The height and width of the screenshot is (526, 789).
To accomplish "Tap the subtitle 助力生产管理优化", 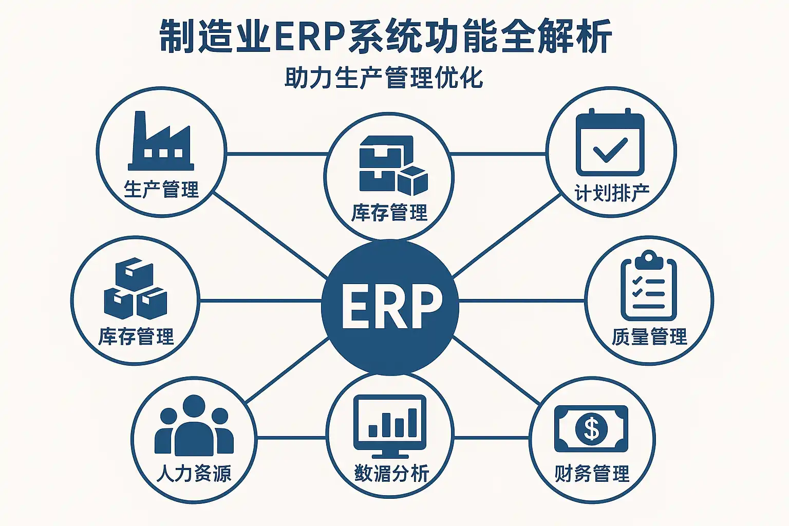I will point(384,78).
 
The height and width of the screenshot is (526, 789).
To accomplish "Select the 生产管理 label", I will point(161,190).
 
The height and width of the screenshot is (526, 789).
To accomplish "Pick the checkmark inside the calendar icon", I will point(610,149).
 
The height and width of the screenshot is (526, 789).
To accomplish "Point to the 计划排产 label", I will point(612,194).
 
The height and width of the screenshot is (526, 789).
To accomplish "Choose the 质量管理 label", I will point(649,337).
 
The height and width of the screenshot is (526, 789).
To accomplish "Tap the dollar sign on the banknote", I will point(592,428).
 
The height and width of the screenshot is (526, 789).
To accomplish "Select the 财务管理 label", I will point(592,474).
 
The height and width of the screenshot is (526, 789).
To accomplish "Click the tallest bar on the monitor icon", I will point(411,422).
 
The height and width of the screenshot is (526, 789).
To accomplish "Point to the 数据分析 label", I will point(391,473).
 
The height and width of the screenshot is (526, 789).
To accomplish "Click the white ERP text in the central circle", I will point(391,307).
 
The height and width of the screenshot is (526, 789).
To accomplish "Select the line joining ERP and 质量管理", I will point(521,300).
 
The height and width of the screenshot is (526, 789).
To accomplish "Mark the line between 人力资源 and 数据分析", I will point(291,438).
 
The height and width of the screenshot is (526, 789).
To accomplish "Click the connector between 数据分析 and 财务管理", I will point(491,438).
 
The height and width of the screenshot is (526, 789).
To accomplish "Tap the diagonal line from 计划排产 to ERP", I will point(506,236).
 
